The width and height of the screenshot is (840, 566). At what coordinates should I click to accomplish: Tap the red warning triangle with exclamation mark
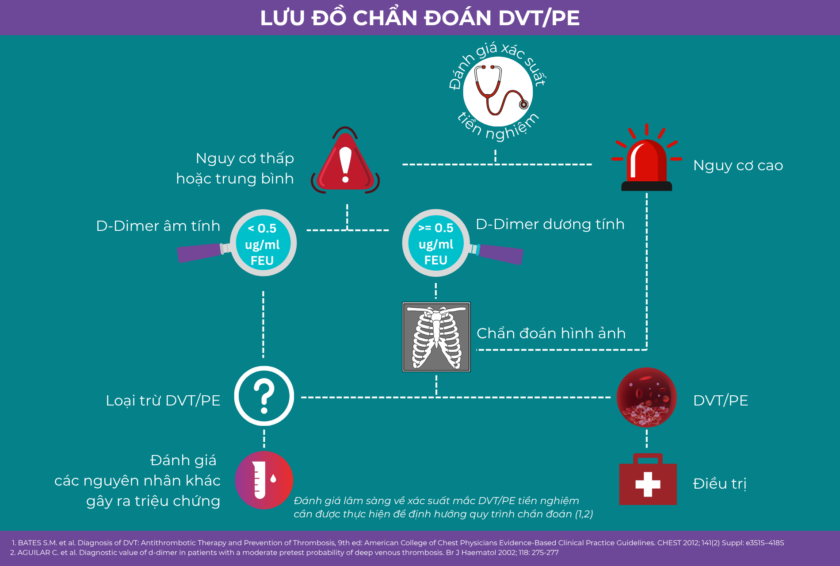[x=345, y=164]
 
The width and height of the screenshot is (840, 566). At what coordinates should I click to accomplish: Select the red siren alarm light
[x=646, y=161]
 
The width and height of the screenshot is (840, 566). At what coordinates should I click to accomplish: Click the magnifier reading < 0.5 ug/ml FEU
[x=263, y=243]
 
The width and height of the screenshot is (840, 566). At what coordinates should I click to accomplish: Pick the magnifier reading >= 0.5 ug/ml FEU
[x=436, y=243]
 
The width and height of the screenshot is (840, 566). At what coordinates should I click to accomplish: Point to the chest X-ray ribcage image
[x=436, y=337]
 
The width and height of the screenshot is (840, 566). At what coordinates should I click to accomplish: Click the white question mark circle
[x=264, y=396]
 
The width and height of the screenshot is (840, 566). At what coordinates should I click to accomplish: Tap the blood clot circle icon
[x=646, y=397]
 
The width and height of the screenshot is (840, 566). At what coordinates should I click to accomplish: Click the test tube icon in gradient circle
[x=264, y=480]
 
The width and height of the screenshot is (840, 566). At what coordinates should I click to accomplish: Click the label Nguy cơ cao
[x=738, y=165]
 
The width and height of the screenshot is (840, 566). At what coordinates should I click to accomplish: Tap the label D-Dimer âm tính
[x=158, y=226]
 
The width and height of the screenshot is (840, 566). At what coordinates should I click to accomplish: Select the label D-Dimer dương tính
[x=550, y=224]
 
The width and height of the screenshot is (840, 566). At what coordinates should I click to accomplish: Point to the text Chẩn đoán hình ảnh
[x=551, y=333]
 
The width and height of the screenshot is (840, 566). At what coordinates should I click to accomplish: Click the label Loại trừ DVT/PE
[x=163, y=401]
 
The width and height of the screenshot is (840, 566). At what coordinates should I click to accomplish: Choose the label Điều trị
[x=719, y=484]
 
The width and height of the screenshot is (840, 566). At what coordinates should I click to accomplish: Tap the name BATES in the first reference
[x=30, y=543]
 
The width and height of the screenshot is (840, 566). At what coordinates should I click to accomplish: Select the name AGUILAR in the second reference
[x=34, y=553]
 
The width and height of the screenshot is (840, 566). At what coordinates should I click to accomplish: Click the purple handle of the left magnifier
[x=199, y=253]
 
